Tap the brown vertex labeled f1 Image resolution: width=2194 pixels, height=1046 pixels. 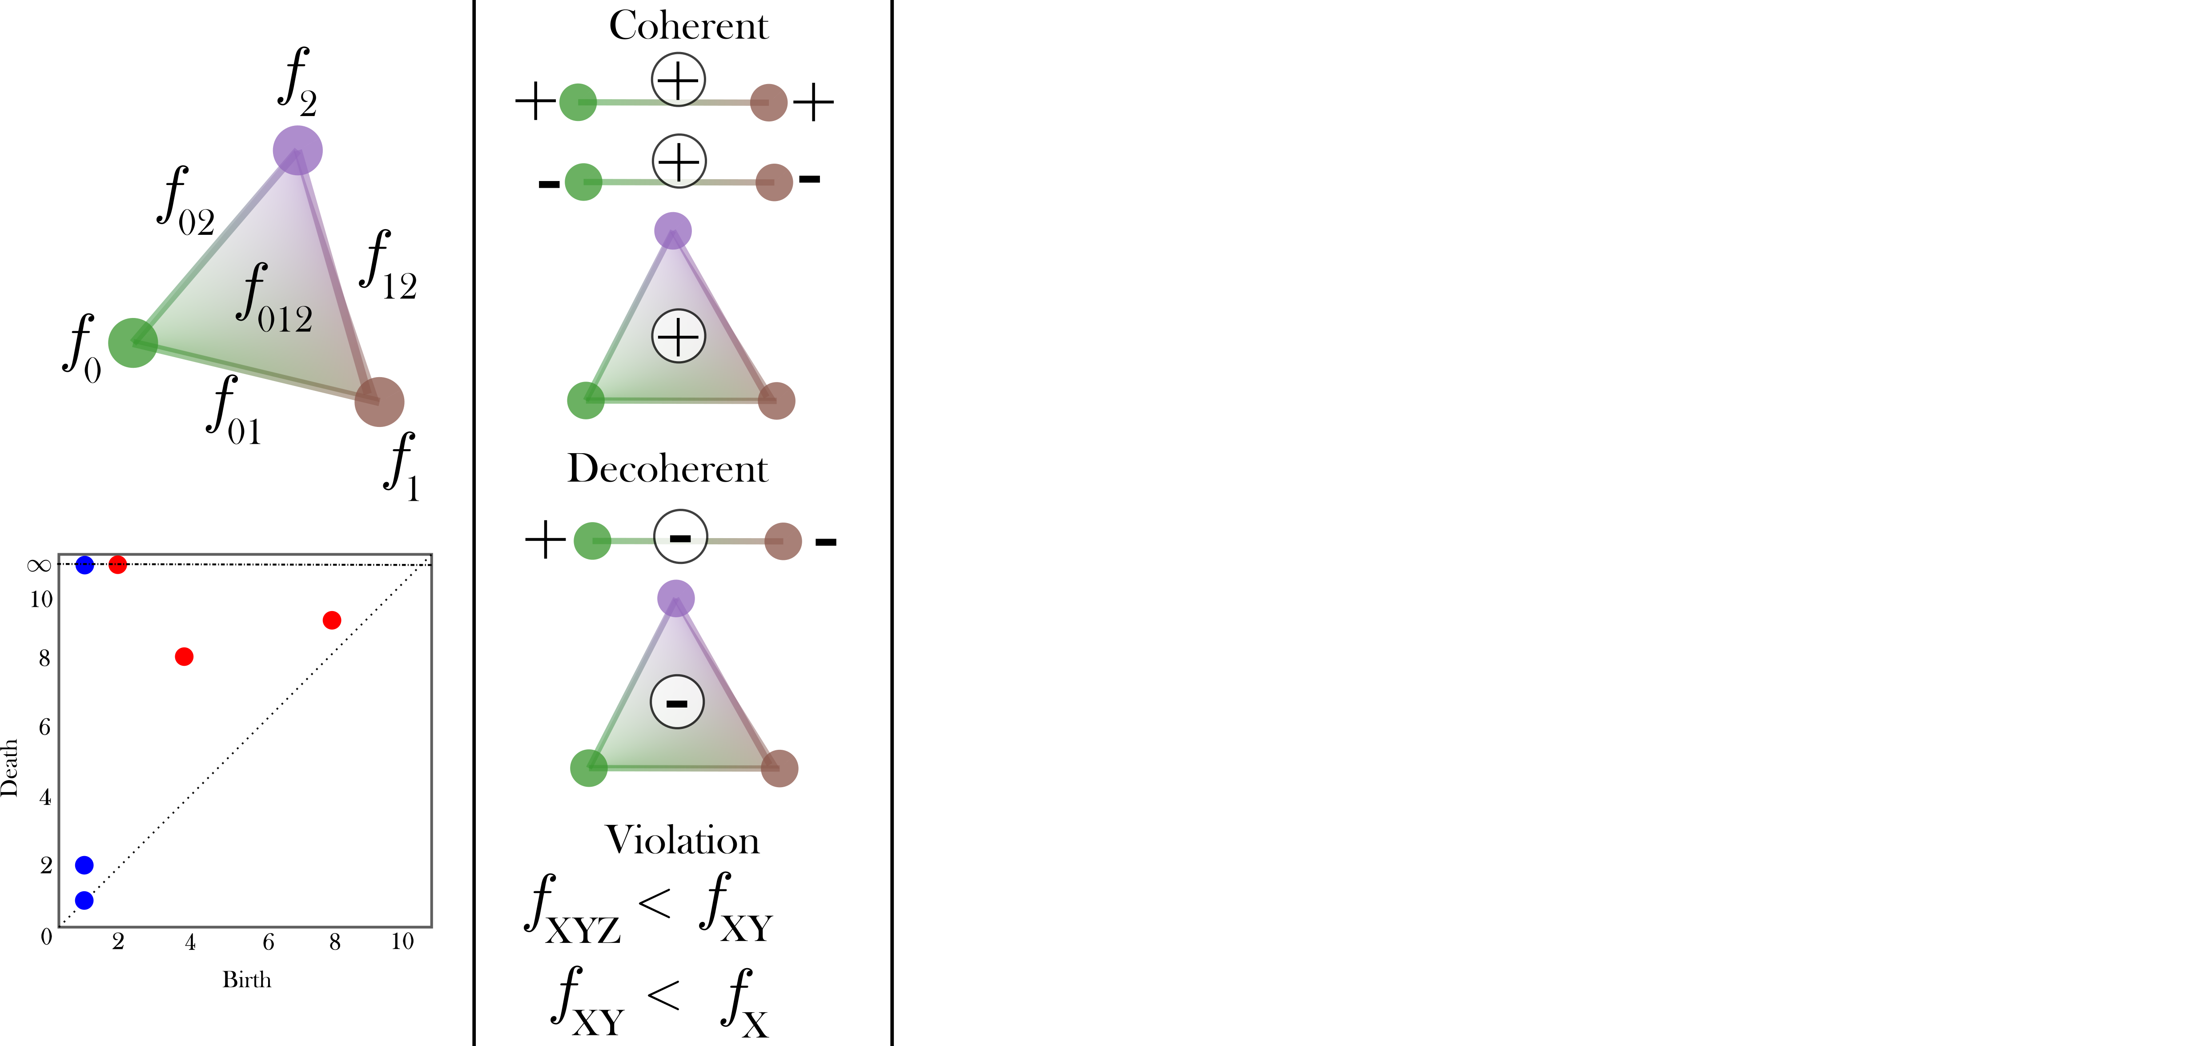tap(379, 401)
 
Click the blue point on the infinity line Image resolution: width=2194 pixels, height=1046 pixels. tap(84, 565)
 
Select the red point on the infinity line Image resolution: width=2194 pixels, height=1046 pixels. tap(117, 565)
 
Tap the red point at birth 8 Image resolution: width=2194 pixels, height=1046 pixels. tap(332, 620)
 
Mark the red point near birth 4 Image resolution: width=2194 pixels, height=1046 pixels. tap(184, 657)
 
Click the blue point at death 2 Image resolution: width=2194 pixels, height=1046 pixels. tap(84, 865)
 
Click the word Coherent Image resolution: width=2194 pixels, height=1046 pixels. tap(688, 25)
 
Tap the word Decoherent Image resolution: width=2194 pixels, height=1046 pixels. tap(668, 468)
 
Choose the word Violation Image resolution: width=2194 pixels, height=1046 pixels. tap(682, 841)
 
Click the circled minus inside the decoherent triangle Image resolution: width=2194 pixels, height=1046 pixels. tap(677, 703)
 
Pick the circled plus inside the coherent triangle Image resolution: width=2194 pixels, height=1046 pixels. tap(679, 337)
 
